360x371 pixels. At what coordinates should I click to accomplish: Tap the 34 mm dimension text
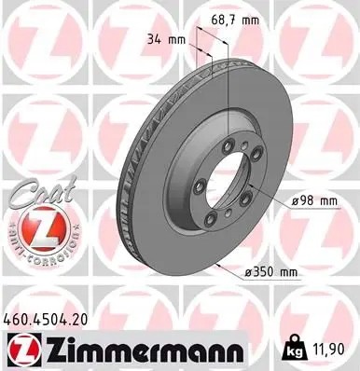[x=165, y=39]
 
